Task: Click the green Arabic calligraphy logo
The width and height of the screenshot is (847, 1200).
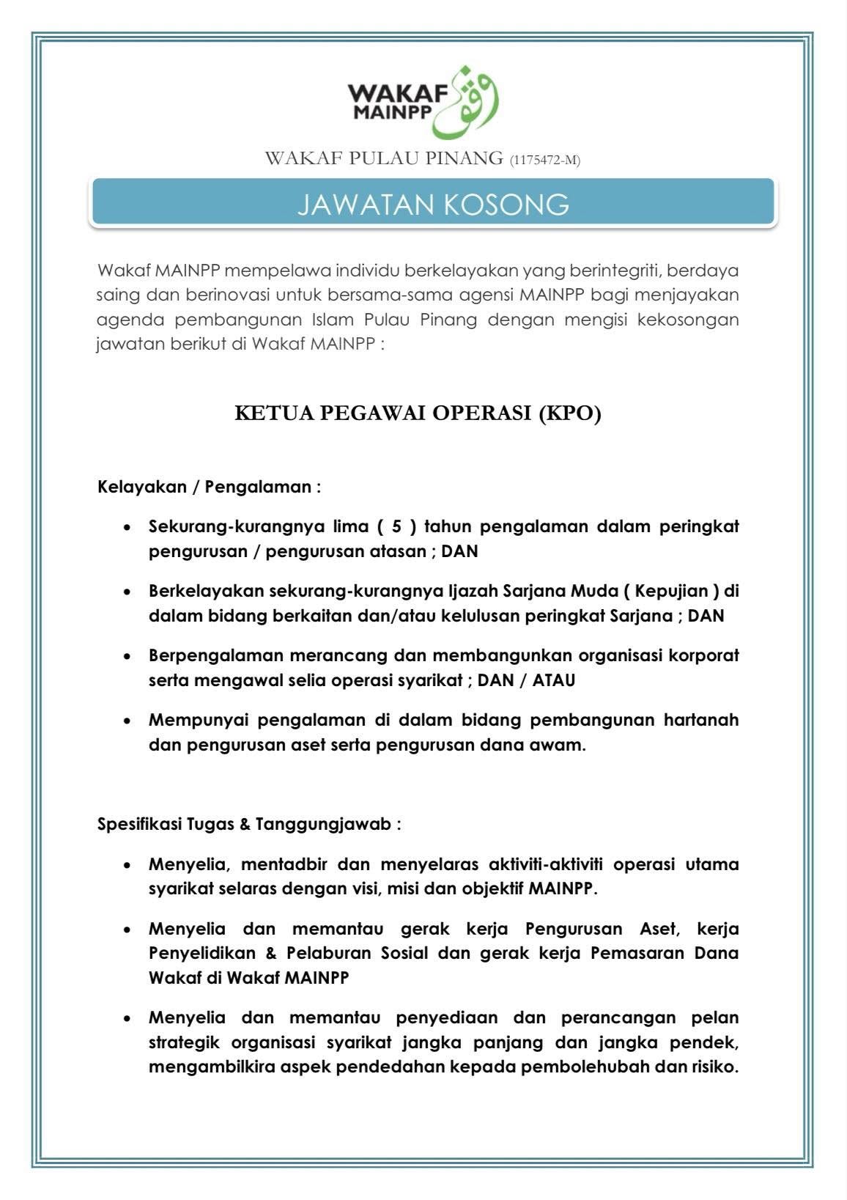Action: (x=467, y=103)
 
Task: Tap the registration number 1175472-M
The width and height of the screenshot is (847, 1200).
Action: (x=545, y=160)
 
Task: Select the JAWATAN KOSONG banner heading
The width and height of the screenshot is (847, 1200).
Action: (x=432, y=205)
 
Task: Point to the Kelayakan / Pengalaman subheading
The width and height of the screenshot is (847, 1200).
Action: (x=209, y=487)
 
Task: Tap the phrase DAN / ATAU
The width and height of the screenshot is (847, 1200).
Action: (x=526, y=680)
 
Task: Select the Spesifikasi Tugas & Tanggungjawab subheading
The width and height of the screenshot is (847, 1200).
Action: (x=249, y=823)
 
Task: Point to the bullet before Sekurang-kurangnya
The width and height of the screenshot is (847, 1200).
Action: (x=128, y=527)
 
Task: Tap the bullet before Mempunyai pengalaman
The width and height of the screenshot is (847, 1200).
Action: (x=128, y=721)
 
